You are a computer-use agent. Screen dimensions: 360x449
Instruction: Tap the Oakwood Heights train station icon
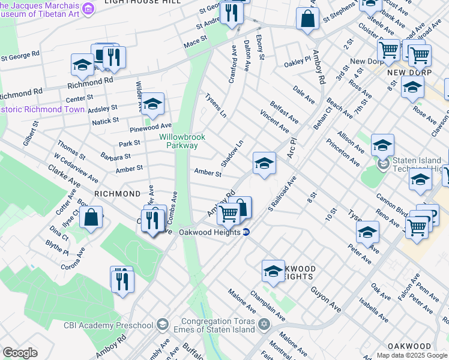pyautogui.click(x=246, y=233)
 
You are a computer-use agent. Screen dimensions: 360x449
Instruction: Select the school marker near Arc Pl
pyautogui.click(x=264, y=163)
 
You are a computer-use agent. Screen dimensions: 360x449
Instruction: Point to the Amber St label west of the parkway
pyautogui.click(x=129, y=169)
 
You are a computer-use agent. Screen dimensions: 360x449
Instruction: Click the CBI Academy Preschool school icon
pyautogui.click(x=161, y=325)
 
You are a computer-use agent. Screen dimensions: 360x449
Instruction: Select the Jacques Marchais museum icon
pyautogui.click(x=88, y=8)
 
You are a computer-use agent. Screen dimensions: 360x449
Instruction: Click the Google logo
pyautogui.click(x=19, y=353)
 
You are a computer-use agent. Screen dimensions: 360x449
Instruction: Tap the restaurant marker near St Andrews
pyautogui.click(x=231, y=13)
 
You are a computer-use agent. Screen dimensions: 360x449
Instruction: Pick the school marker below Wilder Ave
pyautogui.click(x=152, y=104)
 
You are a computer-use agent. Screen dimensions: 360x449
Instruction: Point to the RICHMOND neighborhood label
pyautogui.click(x=117, y=194)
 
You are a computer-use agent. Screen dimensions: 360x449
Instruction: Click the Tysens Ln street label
pyautogui.click(x=216, y=105)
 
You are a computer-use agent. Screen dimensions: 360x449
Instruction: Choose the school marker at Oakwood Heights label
pyautogui.click(x=273, y=271)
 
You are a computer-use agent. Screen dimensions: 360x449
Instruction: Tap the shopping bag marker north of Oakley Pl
pyautogui.click(x=307, y=18)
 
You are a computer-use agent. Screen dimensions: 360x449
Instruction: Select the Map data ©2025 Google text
pyautogui.click(x=412, y=355)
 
